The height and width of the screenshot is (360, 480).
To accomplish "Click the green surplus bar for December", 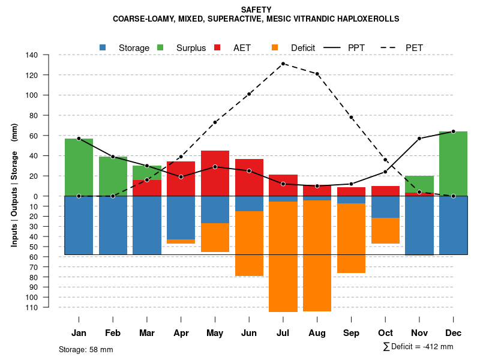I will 453,163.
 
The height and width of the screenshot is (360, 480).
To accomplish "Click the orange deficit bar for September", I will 351,238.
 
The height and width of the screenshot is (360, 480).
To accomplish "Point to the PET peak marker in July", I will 283,64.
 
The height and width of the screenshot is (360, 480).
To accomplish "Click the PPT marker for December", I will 453,131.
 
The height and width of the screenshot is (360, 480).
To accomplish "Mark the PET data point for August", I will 317,74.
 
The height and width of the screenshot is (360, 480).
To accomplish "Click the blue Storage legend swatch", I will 103,47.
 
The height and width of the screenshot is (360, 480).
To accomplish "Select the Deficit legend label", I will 303,48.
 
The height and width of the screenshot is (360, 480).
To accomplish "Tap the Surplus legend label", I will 191,48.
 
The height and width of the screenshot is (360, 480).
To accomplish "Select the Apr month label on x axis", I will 181,333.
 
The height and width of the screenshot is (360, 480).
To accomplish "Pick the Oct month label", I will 385,333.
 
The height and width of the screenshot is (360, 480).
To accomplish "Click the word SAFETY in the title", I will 256,10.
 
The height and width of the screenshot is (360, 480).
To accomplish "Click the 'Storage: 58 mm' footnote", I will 86,349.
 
